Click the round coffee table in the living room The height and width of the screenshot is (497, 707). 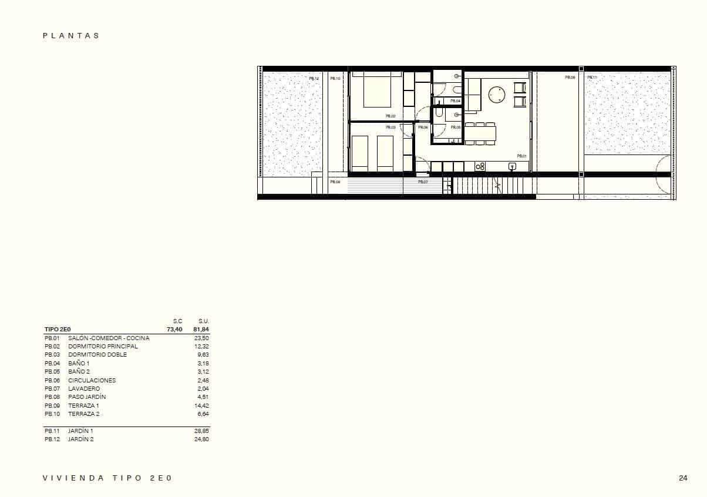(x=497, y=95)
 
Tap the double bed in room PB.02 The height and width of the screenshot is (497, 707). (x=376, y=90)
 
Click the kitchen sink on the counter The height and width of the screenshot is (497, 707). (x=512, y=167)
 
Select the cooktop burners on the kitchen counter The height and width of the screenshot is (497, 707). (x=480, y=167)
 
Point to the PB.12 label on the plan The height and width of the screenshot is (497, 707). (x=314, y=78)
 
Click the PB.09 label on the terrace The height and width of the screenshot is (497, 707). (x=570, y=78)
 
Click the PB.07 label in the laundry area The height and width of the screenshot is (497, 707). (x=423, y=182)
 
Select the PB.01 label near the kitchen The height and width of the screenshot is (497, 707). (x=521, y=156)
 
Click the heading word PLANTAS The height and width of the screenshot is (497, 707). (x=71, y=36)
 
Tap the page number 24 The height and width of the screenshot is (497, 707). (x=683, y=478)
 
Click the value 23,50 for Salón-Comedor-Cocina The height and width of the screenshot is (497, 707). (x=201, y=338)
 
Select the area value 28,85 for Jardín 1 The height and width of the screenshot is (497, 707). (x=201, y=431)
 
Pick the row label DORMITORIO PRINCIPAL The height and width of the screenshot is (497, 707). (x=103, y=347)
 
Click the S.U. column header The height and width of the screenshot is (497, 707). (x=204, y=321)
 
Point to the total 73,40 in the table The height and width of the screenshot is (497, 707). (x=174, y=330)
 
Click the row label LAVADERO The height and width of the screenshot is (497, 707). (x=84, y=389)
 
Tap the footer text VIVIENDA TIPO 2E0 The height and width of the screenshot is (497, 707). (x=107, y=478)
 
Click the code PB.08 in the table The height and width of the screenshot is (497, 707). (x=52, y=397)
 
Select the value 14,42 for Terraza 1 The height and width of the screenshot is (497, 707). (x=201, y=405)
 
